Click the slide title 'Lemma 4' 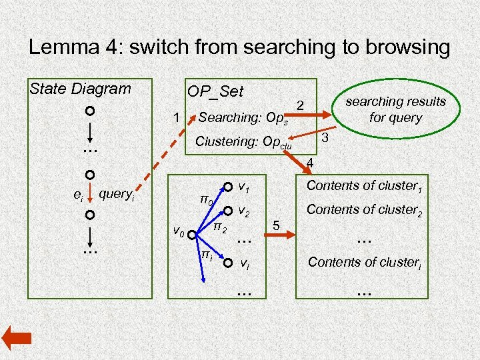[239, 47]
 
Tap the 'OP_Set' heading [215, 91]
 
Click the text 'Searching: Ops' [243, 119]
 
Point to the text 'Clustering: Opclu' [243, 143]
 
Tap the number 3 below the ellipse [325, 138]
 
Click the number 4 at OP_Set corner [309, 163]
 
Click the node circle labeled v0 [192, 235]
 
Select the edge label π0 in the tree [207, 199]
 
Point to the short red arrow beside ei [89, 196]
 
